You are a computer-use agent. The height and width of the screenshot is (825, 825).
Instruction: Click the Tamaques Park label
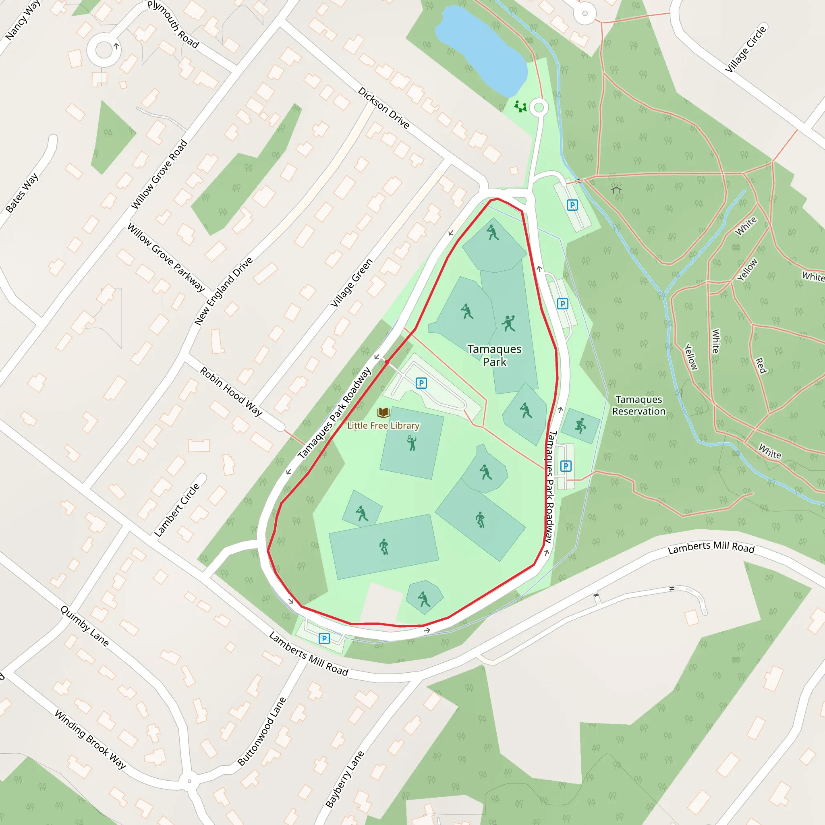[x=495, y=355]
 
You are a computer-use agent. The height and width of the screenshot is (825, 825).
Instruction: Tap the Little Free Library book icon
[x=383, y=412]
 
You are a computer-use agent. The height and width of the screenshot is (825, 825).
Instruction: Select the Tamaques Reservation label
[x=638, y=405]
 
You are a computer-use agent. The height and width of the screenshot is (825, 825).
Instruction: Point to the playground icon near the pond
[x=520, y=106]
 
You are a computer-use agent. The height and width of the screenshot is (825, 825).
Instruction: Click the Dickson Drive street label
[x=383, y=108]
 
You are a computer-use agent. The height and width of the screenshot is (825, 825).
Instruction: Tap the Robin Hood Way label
[x=231, y=391]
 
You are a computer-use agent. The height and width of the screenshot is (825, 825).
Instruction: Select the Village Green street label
[x=351, y=283]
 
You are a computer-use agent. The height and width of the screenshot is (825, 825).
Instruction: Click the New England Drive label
[x=223, y=291]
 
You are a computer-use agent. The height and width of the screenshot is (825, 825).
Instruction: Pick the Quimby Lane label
[x=85, y=626]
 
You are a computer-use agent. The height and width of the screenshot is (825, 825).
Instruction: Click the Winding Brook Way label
[x=91, y=739]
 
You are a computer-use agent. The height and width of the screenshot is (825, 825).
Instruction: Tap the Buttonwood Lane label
[x=261, y=732]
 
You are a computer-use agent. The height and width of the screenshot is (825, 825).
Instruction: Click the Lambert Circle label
[x=177, y=510]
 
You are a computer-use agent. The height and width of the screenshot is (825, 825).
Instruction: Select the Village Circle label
[x=746, y=49]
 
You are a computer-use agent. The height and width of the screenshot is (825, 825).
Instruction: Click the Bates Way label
[x=22, y=193]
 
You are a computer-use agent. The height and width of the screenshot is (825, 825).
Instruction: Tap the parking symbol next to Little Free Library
[x=421, y=383]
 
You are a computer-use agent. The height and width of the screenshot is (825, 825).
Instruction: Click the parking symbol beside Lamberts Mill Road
[x=324, y=638]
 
